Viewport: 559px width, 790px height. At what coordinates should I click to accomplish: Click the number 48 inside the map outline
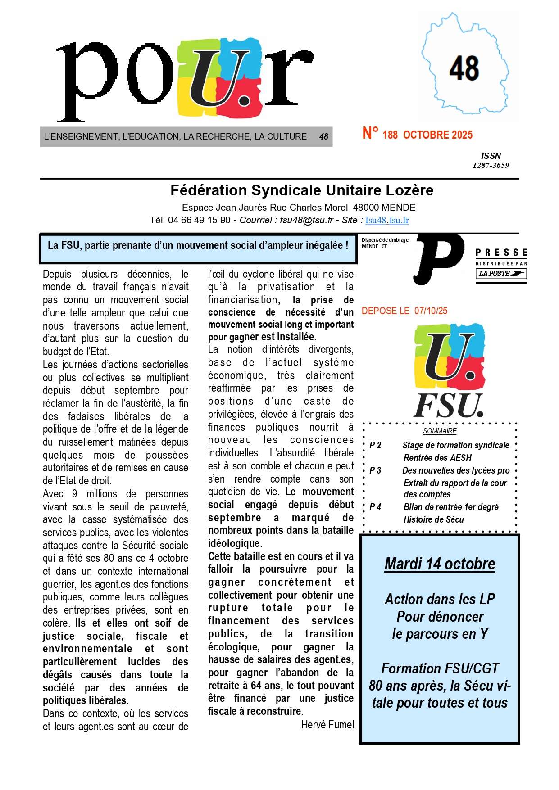(464, 68)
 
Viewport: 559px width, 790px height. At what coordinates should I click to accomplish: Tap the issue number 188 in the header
(390, 135)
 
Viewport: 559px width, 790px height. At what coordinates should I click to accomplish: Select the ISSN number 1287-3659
(491, 165)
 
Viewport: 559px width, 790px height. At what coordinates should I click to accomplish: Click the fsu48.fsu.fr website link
(387, 220)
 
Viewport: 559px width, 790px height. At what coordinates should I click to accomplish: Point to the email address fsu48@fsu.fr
(306, 220)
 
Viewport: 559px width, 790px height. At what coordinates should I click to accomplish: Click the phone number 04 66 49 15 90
(199, 220)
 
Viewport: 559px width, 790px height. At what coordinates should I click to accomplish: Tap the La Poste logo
(501, 273)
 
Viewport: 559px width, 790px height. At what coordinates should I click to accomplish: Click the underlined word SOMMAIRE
(440, 431)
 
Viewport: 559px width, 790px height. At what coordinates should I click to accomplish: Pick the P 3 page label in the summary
(375, 470)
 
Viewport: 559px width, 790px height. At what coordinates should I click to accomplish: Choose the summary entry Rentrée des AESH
(437, 458)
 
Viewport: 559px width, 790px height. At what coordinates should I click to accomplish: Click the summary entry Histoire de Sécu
(433, 519)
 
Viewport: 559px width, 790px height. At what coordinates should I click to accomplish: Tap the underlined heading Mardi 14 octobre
(440, 564)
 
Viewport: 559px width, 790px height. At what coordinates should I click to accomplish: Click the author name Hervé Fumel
(327, 724)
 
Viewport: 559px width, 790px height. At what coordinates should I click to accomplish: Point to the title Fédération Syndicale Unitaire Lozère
(302, 190)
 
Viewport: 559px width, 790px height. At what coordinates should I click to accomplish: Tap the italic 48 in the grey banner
(323, 136)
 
